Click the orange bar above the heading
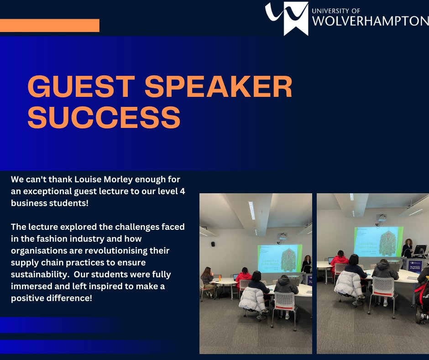pos(49,26)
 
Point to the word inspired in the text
pos(119,287)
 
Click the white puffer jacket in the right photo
pos(348,284)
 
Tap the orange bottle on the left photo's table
pos(220,277)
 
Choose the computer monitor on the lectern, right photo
pos(419,250)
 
